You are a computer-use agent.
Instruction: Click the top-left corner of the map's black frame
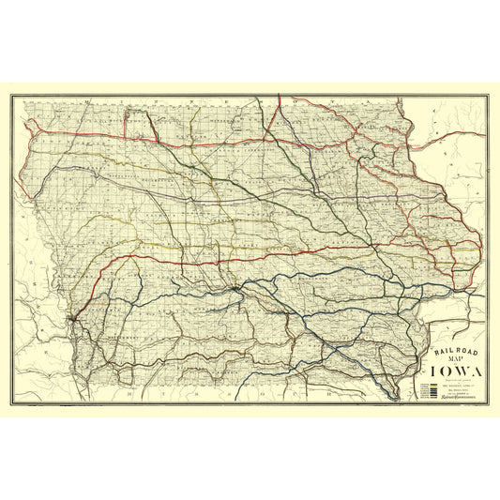point(11,94)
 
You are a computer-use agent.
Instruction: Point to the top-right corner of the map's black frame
point(489,94)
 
